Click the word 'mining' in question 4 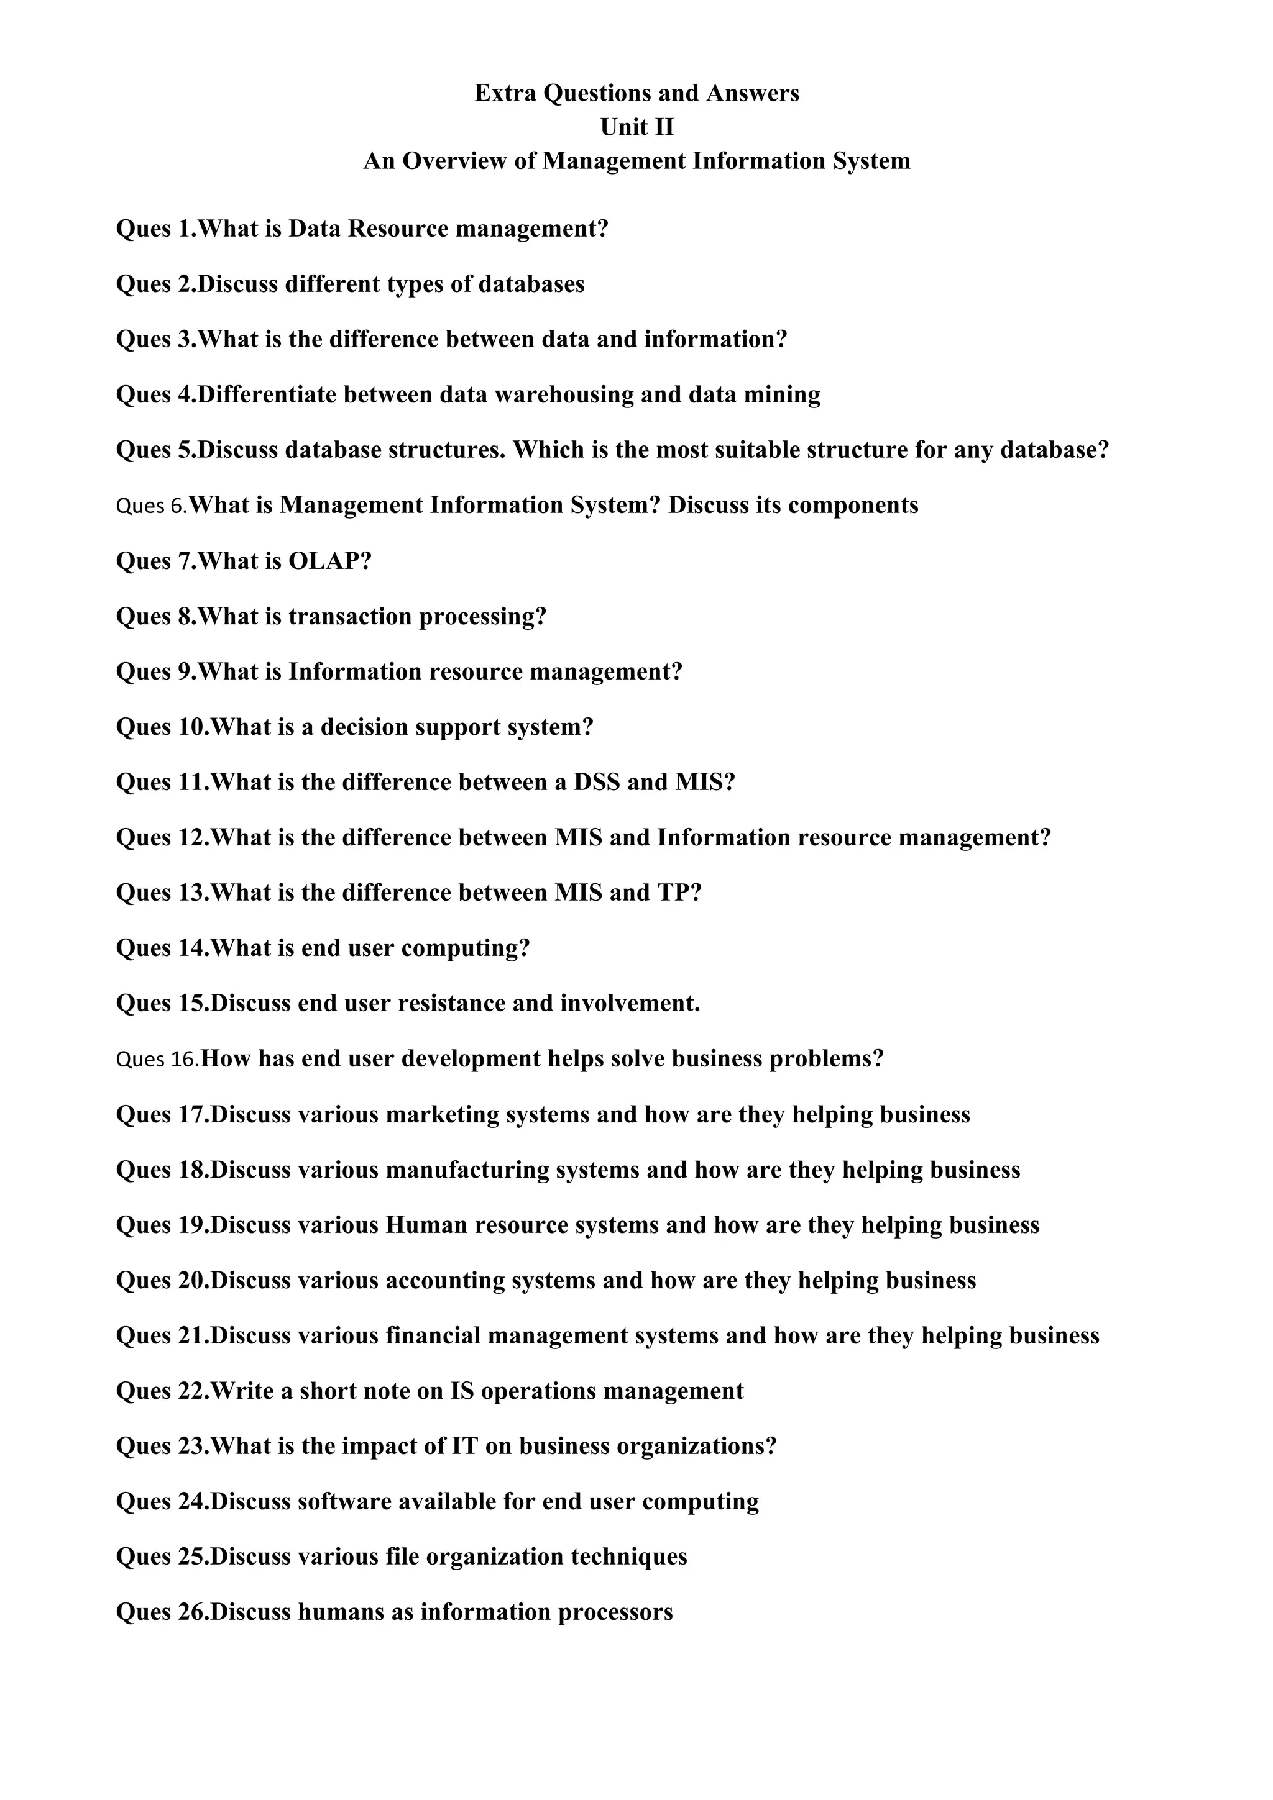pos(781,394)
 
